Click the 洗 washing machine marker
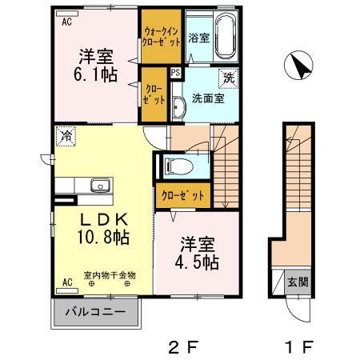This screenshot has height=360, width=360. click(x=229, y=79)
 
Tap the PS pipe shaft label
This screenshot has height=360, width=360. click(x=175, y=71)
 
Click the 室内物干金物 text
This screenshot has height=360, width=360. click(x=110, y=274)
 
